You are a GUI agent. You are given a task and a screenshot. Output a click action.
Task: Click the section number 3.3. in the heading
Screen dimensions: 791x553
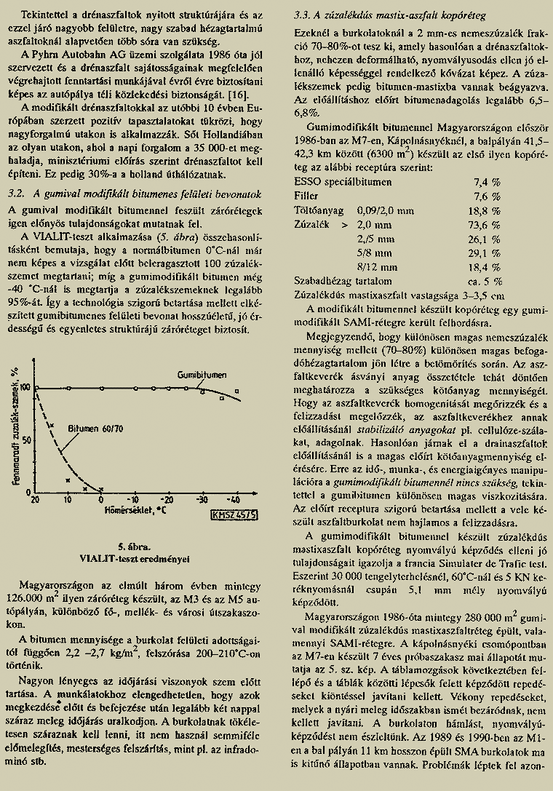pyautogui.click(x=303, y=15)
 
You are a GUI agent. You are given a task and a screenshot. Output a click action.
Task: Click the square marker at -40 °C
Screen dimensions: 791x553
pyautogui.click(x=237, y=393)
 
